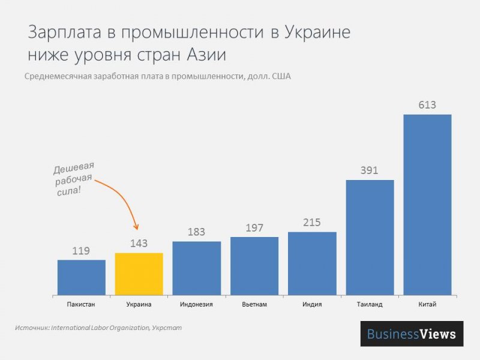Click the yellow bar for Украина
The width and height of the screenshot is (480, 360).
[x=139, y=274]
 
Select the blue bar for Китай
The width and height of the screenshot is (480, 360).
[x=427, y=205]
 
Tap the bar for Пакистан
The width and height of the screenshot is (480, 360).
[x=82, y=277]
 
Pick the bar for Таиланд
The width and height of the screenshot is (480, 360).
[x=370, y=238]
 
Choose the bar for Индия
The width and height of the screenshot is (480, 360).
[x=312, y=263]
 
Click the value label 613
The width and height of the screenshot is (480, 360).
[x=427, y=106]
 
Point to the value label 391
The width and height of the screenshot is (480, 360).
[x=370, y=170]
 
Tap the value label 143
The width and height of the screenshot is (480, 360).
[x=139, y=244]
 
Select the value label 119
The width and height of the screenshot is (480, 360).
[x=82, y=251]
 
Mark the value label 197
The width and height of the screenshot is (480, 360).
[x=254, y=228]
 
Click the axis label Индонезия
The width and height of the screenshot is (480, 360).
[x=197, y=304]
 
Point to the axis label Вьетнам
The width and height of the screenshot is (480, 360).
[x=254, y=304]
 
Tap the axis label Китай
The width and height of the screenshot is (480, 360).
[x=427, y=304]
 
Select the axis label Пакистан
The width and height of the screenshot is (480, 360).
[x=82, y=304]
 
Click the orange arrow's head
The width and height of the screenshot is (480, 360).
[x=137, y=227]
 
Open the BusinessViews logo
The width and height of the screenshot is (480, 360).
[x=412, y=334]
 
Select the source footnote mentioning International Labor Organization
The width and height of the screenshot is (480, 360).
[x=97, y=328]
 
